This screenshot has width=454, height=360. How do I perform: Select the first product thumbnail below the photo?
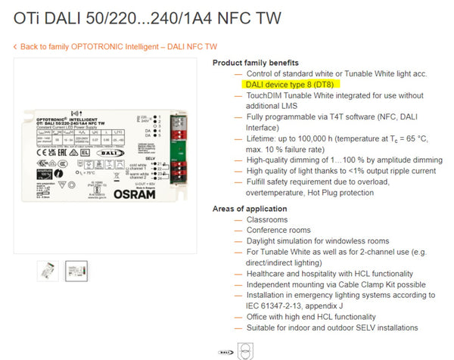point(48,271)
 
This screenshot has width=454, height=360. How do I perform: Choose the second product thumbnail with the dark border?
point(76,271)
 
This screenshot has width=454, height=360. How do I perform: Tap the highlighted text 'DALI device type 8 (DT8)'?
point(291,85)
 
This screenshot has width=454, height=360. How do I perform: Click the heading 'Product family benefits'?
point(256,62)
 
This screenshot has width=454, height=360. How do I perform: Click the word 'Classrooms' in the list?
point(268,219)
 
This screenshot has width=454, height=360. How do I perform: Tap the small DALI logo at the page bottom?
point(225,351)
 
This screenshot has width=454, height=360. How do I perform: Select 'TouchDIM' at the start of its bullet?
point(266,96)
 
